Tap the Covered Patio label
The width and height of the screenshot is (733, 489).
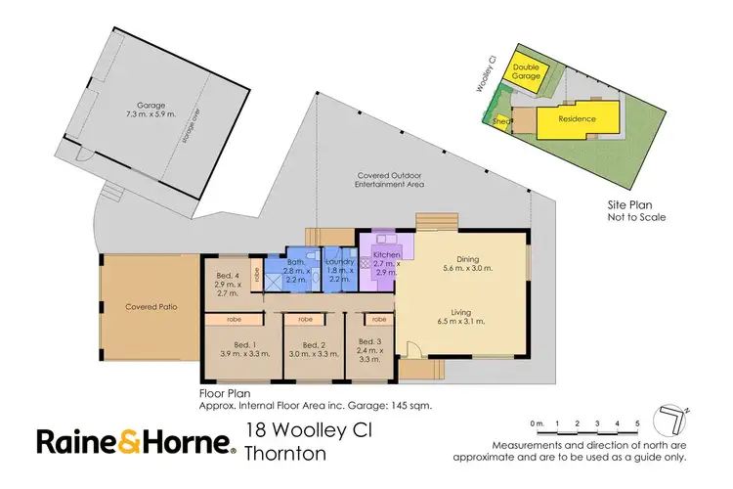pyautogui.click(x=151, y=306)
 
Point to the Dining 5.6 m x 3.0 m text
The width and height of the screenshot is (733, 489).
pyautogui.click(x=466, y=261)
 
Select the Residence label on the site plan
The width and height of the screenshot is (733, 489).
pyautogui.click(x=577, y=119)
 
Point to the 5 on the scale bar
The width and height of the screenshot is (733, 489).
pyautogui.click(x=636, y=422)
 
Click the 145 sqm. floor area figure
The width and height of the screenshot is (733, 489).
pyautogui.click(x=410, y=403)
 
